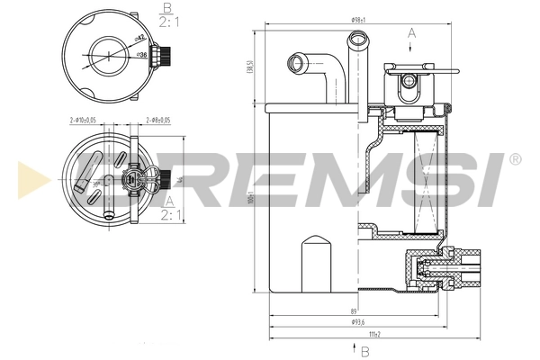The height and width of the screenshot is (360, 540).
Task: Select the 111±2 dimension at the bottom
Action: point(373,334)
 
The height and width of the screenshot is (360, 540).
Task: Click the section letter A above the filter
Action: point(412,32)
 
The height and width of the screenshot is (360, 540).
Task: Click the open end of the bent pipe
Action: point(295,63)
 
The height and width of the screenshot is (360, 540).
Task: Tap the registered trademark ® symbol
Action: point(514,159)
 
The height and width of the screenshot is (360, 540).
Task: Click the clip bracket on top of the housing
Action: point(409,85)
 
